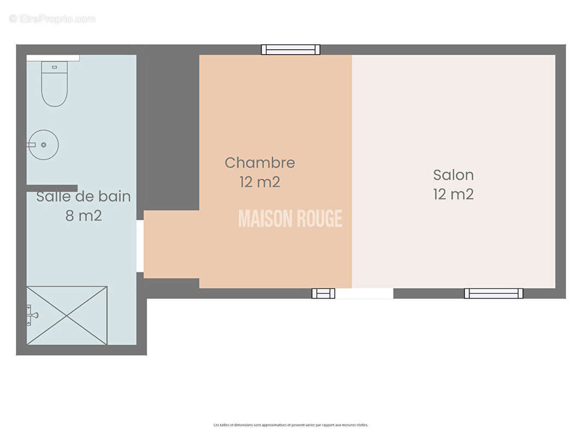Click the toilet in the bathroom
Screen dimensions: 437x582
click(x=55, y=87)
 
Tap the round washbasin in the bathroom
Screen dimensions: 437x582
click(x=44, y=145)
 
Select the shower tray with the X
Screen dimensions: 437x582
click(x=67, y=315)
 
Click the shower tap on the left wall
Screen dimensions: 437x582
click(x=32, y=315)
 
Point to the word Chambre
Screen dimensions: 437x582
click(x=260, y=163)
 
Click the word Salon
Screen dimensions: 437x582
click(x=453, y=175)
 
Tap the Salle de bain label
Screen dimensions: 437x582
click(x=84, y=197)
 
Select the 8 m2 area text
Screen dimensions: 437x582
click(x=84, y=216)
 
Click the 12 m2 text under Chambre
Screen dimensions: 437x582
click(x=260, y=182)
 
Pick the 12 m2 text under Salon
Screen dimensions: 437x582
click(x=453, y=194)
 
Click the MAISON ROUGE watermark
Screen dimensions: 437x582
click(x=290, y=219)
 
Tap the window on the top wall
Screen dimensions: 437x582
click(x=290, y=50)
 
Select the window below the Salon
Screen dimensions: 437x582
click(x=494, y=293)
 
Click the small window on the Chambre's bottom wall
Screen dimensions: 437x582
click(x=323, y=293)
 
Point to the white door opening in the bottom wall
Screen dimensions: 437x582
click(x=364, y=293)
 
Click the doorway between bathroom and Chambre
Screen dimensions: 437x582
click(x=140, y=246)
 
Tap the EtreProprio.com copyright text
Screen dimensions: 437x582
click(x=52, y=19)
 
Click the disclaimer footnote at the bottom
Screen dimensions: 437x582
click(x=290, y=425)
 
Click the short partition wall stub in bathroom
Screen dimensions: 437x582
click(x=52, y=188)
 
